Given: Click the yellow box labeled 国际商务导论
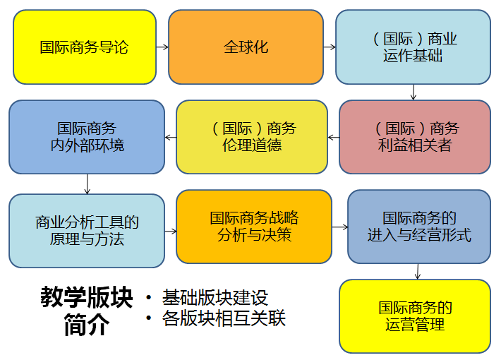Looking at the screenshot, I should (x=84, y=47).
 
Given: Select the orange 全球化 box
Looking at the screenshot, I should (x=246, y=47).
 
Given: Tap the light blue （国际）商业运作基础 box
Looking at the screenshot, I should (x=413, y=47).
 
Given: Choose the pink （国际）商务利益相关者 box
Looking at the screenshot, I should (x=414, y=137).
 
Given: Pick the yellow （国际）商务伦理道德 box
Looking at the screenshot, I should (x=252, y=137).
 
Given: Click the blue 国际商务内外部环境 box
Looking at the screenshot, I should (x=86, y=137).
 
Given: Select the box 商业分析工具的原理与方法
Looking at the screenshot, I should (x=87, y=231).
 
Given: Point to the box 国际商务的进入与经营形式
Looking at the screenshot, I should (x=418, y=226).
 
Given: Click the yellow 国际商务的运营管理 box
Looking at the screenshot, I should (x=414, y=316).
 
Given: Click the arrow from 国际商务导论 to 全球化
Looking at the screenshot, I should (x=162, y=47).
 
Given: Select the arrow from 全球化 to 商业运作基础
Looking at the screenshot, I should (x=329, y=47).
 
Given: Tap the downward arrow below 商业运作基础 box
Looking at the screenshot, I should (x=414, y=92).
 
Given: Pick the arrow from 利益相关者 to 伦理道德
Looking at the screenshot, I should (x=334, y=137).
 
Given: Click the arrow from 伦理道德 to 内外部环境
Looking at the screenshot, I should (x=170, y=137).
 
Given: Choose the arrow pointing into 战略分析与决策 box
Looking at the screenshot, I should (x=170, y=231).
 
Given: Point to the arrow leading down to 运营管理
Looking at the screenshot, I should (x=418, y=271).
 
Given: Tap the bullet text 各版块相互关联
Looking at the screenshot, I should (x=223, y=318).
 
